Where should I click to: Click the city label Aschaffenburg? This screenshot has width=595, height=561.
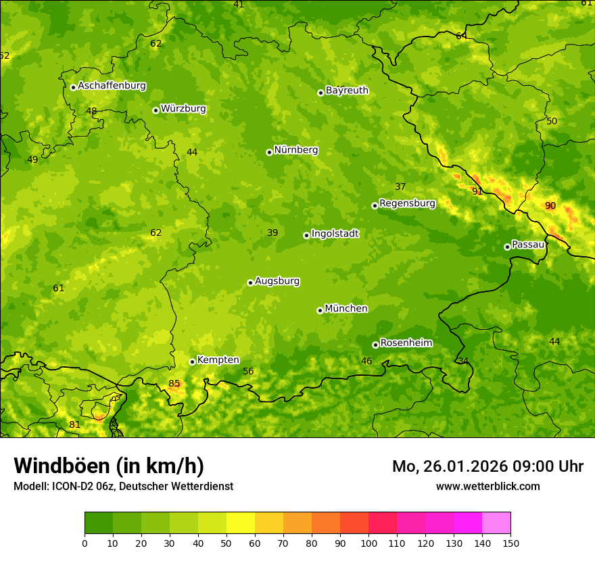112,86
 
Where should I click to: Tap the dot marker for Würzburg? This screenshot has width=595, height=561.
156,110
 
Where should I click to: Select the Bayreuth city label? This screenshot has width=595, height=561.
347,91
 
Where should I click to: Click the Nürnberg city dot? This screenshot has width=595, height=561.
269,152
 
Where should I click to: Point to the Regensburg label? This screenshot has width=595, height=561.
407,203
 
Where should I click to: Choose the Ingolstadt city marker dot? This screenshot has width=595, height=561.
306,235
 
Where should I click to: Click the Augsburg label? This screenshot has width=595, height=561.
277,281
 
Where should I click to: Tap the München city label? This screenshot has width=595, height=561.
346,309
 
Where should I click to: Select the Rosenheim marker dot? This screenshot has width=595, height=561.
375,345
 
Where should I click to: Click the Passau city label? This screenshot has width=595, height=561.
528,245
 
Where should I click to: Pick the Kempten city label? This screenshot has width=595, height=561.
218,360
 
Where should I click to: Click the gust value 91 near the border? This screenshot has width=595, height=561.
477,191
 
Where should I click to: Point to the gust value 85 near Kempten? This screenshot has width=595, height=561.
174,383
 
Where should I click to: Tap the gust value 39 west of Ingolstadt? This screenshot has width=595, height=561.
272,233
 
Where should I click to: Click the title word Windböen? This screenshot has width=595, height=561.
62,466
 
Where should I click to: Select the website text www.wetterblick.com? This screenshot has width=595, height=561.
487,486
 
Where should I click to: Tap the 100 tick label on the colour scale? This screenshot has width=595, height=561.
368,543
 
